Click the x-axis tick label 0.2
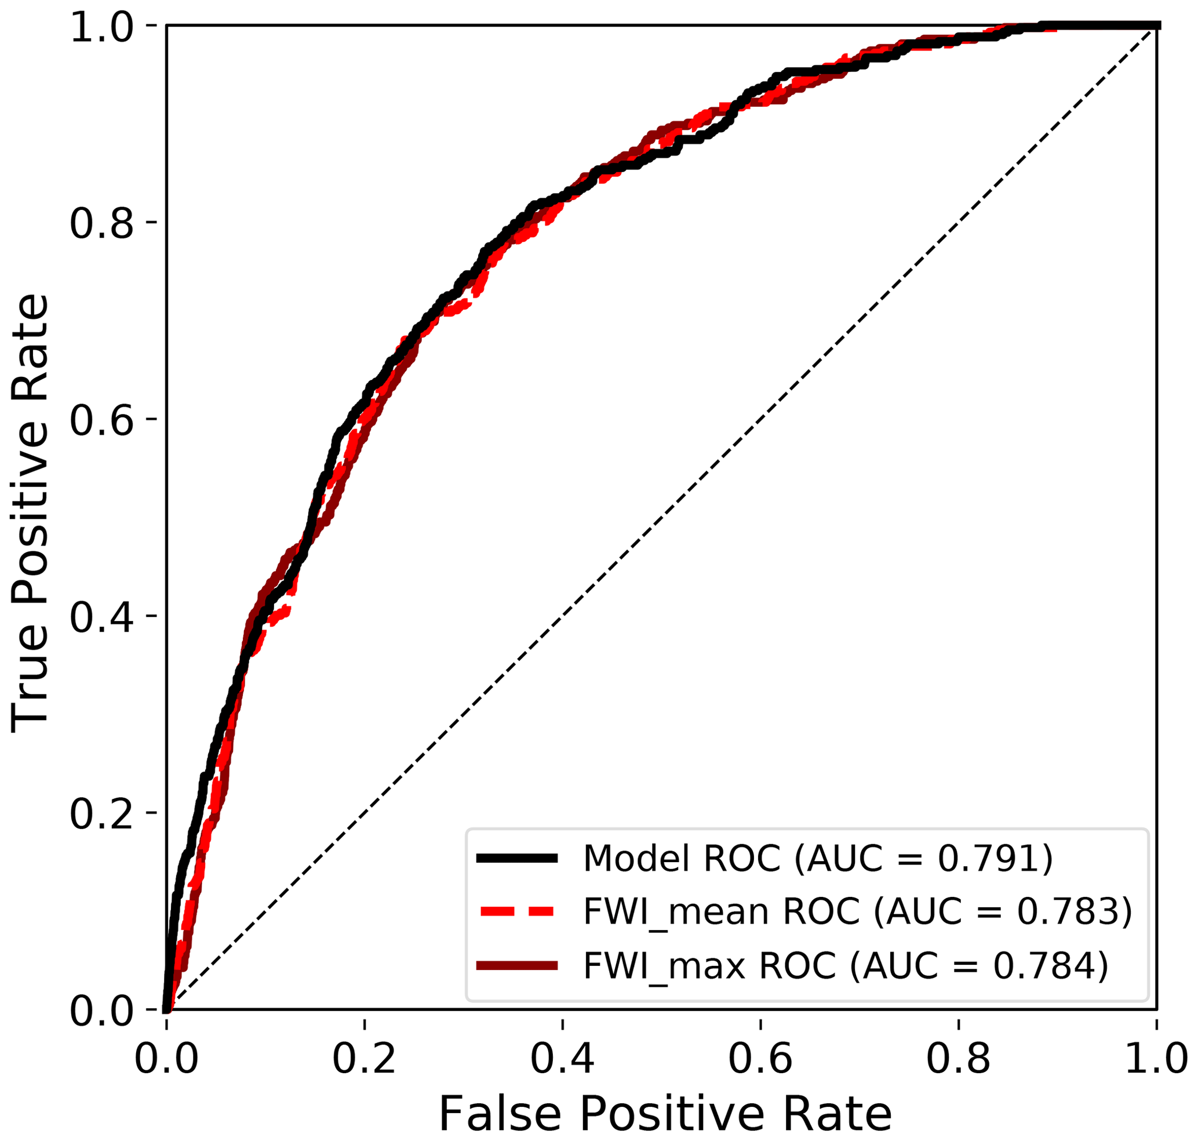point(363,1059)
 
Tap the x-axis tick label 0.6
point(760,1059)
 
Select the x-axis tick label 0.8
point(958,1059)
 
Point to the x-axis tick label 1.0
point(1156,1059)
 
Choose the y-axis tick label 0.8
point(101,223)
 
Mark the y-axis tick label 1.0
point(101,27)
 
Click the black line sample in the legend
point(517,858)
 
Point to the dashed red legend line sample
point(517,911)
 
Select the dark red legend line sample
point(517,965)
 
